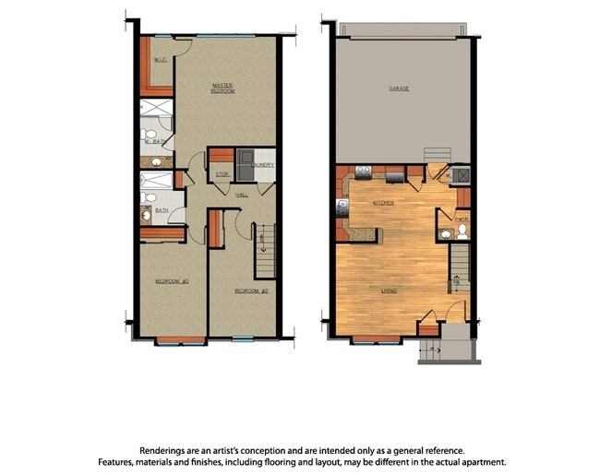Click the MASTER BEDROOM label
(x=222, y=89)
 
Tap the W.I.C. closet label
(x=160, y=62)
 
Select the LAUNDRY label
(x=263, y=165)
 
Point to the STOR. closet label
(x=222, y=172)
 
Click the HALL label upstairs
(x=242, y=195)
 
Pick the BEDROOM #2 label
(x=250, y=291)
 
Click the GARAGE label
(x=399, y=89)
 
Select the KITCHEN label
(x=383, y=202)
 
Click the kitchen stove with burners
(x=363, y=171)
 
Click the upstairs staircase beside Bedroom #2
(x=264, y=249)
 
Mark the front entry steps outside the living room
(x=432, y=350)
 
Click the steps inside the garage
(x=434, y=154)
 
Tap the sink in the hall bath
(x=147, y=216)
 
